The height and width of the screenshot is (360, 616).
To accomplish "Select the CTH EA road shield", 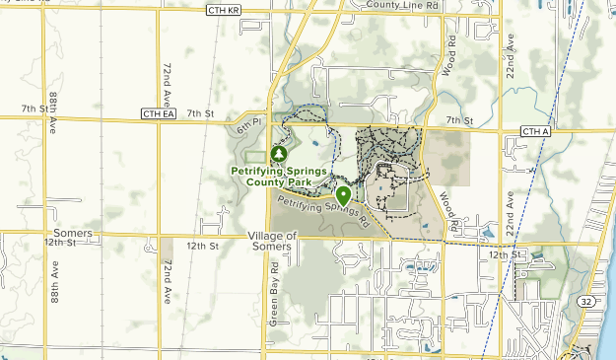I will [x=158, y=114].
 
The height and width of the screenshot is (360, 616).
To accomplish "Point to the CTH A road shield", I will [x=535, y=131].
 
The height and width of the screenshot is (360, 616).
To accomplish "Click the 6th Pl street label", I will [x=246, y=127].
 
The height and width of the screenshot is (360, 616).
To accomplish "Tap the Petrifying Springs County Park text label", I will [x=279, y=176].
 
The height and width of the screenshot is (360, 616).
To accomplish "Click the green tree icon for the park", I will [x=279, y=154].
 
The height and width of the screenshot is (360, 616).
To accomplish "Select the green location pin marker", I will [x=342, y=195].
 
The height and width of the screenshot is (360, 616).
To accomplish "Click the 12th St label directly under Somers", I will [x=60, y=243].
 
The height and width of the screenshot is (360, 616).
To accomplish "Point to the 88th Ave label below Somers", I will [x=55, y=281].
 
